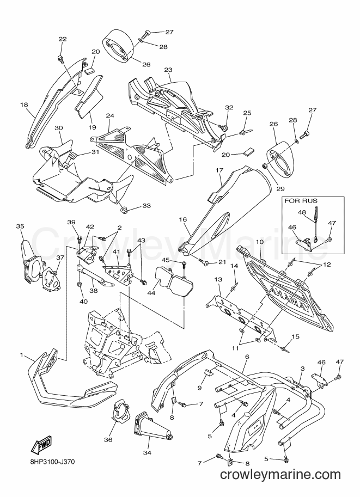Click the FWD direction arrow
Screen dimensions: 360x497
click(41, 445)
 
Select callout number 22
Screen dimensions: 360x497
click(63, 39)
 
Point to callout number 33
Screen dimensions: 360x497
click(147, 206)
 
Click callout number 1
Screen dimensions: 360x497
click(22, 355)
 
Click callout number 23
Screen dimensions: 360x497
click(168, 70)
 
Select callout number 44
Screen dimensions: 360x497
click(151, 293)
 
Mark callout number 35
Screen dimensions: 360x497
click(20, 226)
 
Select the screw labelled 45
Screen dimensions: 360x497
click(184, 265)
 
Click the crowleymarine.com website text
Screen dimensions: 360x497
click(280, 475)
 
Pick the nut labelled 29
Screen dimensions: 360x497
click(264, 165)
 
